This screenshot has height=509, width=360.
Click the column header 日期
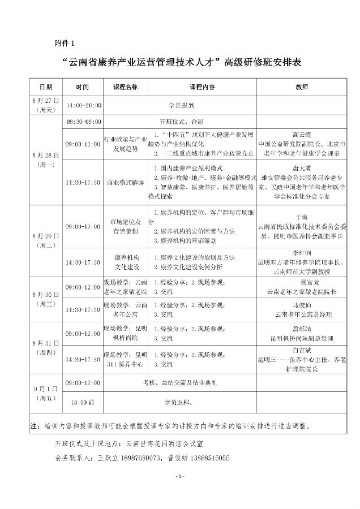46,88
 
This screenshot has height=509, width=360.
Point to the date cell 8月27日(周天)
46,105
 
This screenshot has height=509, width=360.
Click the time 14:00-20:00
84,106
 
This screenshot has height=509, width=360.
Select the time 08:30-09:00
84,121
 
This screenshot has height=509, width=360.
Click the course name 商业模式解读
126,182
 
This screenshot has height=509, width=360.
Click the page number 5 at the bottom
181,476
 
